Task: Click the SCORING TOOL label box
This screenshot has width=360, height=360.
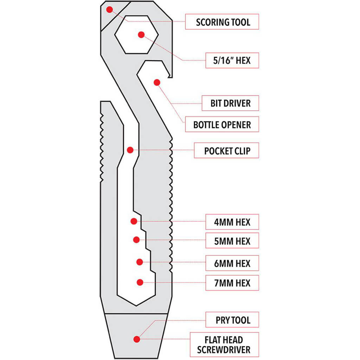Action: (x=222, y=22)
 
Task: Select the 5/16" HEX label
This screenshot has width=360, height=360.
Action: (x=232, y=60)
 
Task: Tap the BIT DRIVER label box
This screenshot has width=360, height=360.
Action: (x=231, y=103)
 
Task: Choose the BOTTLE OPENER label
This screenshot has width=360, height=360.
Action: (x=222, y=124)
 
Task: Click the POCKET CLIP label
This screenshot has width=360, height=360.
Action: (x=227, y=151)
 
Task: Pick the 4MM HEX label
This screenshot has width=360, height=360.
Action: (x=232, y=222)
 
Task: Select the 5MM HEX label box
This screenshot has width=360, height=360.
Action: (x=232, y=241)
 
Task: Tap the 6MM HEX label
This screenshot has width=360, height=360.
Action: (x=232, y=263)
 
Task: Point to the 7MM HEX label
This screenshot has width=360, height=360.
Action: (x=232, y=283)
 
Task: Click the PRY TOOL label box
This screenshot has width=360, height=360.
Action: (x=232, y=320)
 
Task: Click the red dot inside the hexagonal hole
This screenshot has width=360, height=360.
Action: (x=141, y=34)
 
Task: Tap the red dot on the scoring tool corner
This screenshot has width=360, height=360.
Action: (x=110, y=9)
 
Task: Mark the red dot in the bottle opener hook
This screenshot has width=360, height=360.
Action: (x=157, y=82)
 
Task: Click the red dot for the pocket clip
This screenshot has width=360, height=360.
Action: (x=130, y=150)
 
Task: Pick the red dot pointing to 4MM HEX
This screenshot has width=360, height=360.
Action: (x=134, y=221)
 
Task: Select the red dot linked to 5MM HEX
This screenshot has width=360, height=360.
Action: (x=136, y=240)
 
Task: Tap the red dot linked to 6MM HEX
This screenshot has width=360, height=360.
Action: (x=140, y=262)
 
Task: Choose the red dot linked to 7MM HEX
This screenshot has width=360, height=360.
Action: (x=140, y=282)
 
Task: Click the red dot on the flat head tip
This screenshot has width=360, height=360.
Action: (x=136, y=339)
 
